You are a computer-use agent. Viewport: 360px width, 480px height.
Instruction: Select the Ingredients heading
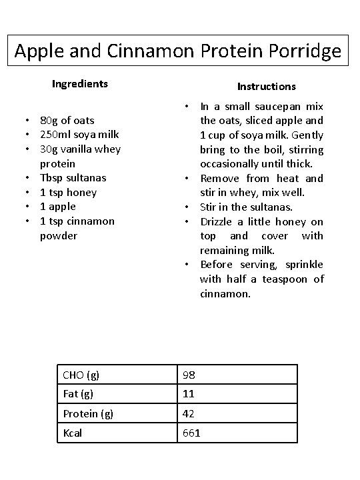pyautogui.click(x=80, y=84)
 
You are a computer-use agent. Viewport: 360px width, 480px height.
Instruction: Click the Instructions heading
pyautogui.click(x=267, y=86)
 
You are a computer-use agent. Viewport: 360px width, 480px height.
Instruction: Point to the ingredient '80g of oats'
pyautogui.click(x=67, y=121)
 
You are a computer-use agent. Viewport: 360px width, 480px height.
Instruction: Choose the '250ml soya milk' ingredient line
pyautogui.click(x=79, y=135)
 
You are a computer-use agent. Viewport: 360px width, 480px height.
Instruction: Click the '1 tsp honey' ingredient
pyautogui.click(x=68, y=193)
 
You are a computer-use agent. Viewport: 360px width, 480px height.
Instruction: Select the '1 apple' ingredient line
pyautogui.click(x=59, y=207)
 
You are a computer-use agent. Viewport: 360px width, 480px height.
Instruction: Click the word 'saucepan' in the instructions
pyautogui.click(x=273, y=107)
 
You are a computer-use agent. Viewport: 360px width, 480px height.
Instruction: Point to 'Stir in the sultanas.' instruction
pyautogui.click(x=246, y=207)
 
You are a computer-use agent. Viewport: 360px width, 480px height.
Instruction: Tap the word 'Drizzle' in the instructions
pyautogui.click(x=219, y=221)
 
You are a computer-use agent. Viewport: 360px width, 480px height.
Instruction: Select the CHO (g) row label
pyautogui.click(x=81, y=375)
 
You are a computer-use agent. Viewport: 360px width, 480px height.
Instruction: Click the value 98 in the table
pyautogui.click(x=189, y=375)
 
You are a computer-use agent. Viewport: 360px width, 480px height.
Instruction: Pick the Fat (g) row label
pyautogui.click(x=78, y=395)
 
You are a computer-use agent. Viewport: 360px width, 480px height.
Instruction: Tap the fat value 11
pyautogui.click(x=189, y=395)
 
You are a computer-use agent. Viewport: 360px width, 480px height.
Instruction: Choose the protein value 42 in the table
pyautogui.click(x=189, y=414)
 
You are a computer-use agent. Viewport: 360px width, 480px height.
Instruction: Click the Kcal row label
pyautogui.click(x=73, y=433)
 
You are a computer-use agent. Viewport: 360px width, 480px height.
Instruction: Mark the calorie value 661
pyautogui.click(x=192, y=433)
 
